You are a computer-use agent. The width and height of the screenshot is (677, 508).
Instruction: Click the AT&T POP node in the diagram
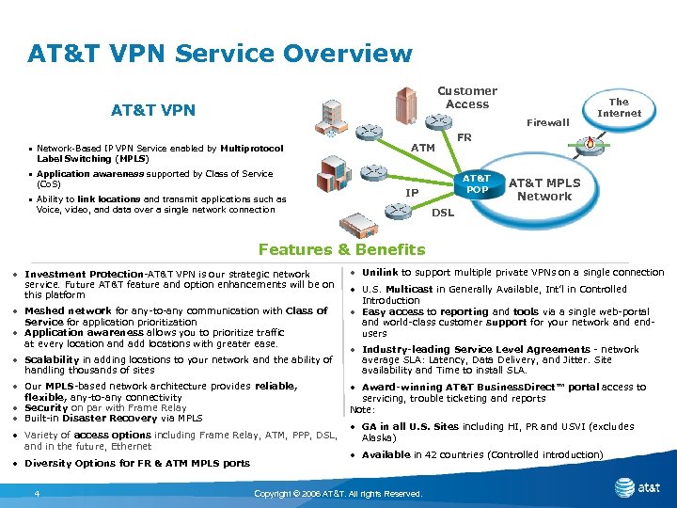click(x=478, y=183)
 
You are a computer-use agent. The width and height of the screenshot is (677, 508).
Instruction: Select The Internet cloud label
click(x=619, y=107)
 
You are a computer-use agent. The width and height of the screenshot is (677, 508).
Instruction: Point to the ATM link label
click(x=423, y=148)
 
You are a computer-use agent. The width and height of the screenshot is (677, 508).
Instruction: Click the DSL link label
click(x=442, y=213)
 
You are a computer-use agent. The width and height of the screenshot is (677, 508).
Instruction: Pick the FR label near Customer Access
click(x=464, y=137)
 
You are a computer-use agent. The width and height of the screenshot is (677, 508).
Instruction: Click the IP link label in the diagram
click(x=412, y=193)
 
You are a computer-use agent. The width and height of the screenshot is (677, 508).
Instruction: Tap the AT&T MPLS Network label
click(x=544, y=189)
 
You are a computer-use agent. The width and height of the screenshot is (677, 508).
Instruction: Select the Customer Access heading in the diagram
click(x=467, y=97)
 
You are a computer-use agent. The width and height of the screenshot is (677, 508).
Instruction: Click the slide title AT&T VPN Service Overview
click(x=220, y=53)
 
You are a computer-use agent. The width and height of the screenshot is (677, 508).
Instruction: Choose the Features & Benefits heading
click(x=341, y=249)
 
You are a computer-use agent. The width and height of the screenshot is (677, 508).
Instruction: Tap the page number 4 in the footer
click(x=36, y=494)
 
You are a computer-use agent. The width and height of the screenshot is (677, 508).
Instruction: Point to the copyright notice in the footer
click(x=338, y=494)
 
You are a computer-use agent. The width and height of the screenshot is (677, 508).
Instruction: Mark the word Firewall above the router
click(x=547, y=122)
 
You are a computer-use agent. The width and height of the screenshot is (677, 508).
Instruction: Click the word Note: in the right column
click(x=362, y=409)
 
